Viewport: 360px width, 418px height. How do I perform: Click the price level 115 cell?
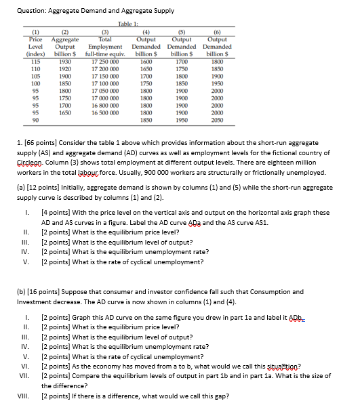pyautogui.click(x=32, y=62)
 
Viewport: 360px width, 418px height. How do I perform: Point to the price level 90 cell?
pyautogui.click(x=32, y=119)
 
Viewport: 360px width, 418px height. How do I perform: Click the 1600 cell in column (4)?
pyautogui.click(x=144, y=62)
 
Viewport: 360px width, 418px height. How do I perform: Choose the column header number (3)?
pyautogui.click(x=105, y=31)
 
